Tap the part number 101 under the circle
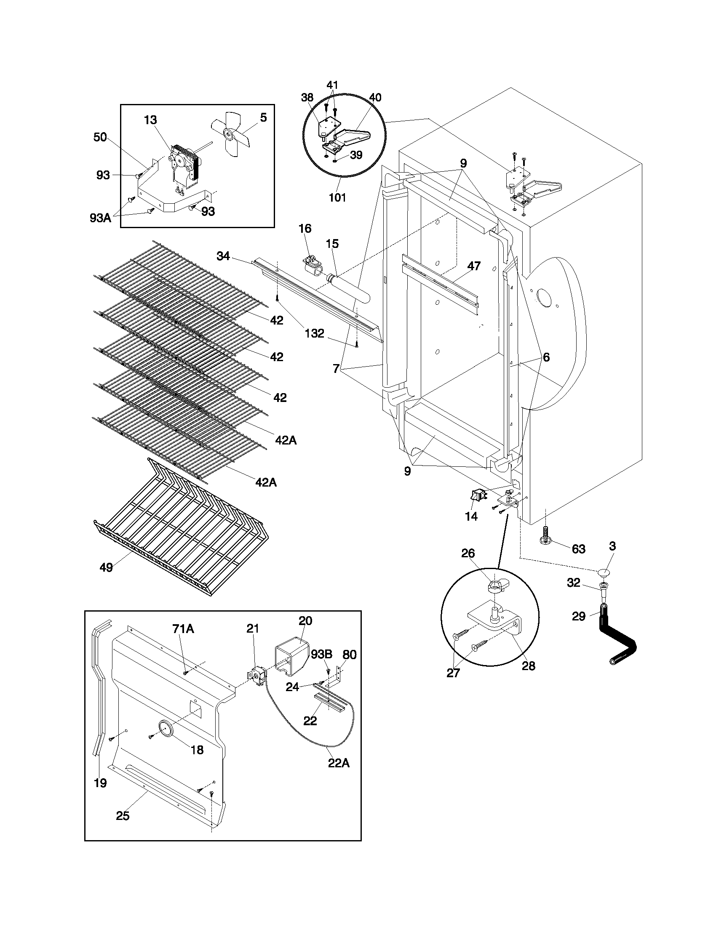point(337,197)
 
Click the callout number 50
point(100,137)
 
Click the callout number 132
point(314,333)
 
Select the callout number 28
point(528,666)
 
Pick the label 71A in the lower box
point(183,629)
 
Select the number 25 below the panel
point(123,816)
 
